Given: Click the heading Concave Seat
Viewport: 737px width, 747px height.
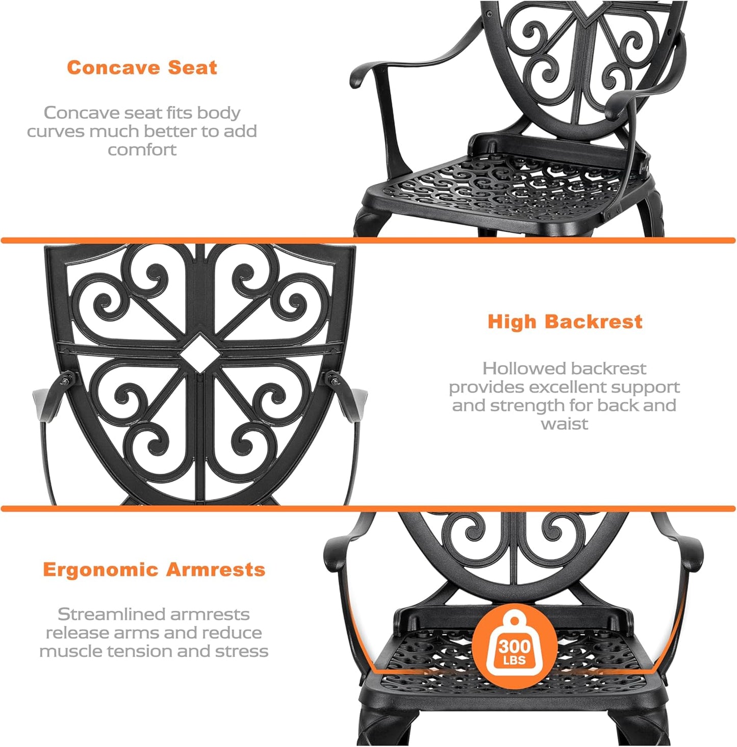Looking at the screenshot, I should click(142, 68).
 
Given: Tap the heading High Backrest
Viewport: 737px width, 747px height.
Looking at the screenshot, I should click(565, 322).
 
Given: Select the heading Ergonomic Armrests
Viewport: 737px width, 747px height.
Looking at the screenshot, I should click(154, 570).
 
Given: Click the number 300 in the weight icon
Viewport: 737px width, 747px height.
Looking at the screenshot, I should click(515, 647).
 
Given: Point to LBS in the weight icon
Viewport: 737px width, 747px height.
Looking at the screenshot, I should click(514, 661).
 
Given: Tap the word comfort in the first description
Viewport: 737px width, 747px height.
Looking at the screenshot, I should click(142, 150).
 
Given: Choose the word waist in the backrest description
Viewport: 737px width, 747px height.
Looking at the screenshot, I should click(564, 424).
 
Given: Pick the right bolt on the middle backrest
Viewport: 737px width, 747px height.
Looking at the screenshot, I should click(333, 378).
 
